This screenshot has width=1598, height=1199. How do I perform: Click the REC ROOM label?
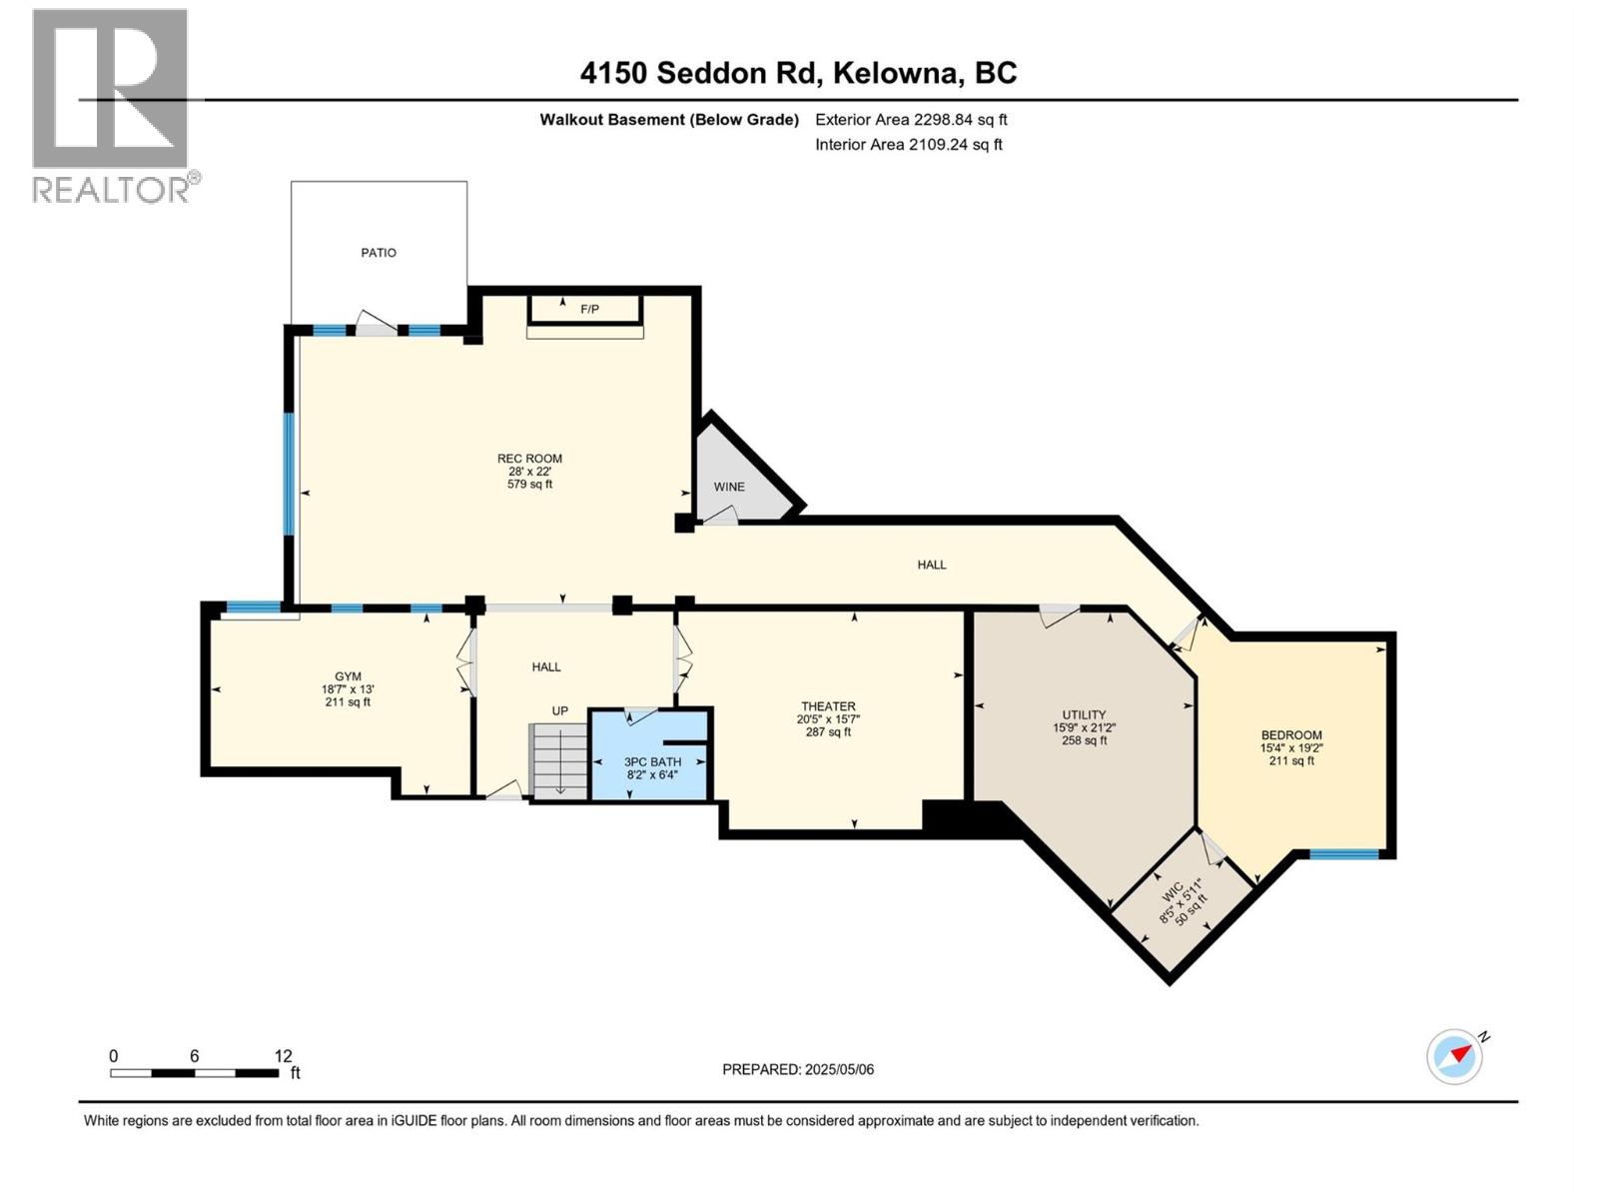(x=529, y=459)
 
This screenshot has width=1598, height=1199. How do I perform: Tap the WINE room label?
(x=728, y=487)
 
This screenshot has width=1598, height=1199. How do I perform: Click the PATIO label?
(x=379, y=253)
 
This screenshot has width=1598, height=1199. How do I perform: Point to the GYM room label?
(x=348, y=676)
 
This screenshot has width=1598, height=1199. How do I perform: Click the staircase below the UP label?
(x=559, y=761)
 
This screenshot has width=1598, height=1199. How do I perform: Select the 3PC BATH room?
(x=651, y=766)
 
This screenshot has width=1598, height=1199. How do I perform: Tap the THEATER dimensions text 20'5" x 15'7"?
(x=828, y=719)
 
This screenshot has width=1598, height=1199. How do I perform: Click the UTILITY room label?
(x=1084, y=714)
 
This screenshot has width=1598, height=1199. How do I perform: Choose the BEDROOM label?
(x=1290, y=734)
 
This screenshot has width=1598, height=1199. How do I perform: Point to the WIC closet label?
(x=1173, y=889)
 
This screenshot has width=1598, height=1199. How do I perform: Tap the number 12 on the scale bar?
(x=283, y=1056)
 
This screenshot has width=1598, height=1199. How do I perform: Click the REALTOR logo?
(x=111, y=105)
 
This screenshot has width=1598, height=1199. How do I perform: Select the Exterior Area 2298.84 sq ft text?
(x=911, y=120)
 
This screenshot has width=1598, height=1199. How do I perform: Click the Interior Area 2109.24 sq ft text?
(x=908, y=145)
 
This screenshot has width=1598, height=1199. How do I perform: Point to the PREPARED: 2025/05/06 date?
(x=798, y=1069)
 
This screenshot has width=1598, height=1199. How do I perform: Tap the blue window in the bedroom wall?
(x=1343, y=854)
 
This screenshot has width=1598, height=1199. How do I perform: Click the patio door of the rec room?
(x=377, y=327)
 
